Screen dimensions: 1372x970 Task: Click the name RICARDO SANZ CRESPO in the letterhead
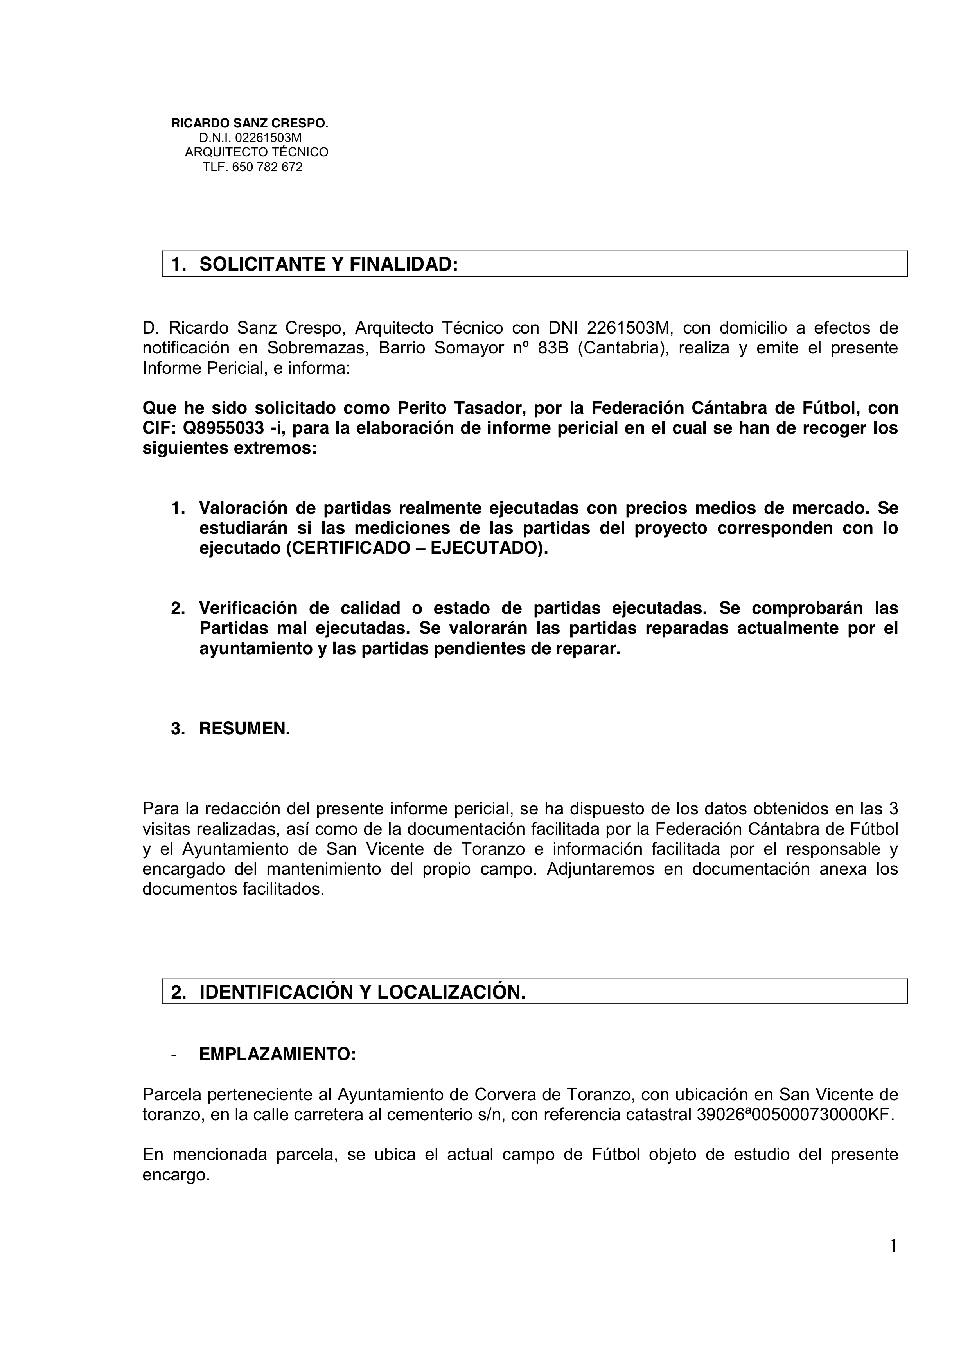250,124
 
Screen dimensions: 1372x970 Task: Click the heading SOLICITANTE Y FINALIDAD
328,264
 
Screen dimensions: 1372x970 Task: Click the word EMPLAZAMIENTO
277,1054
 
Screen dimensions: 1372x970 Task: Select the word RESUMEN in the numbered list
244,728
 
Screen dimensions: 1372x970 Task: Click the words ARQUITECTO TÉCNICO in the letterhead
257,153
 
